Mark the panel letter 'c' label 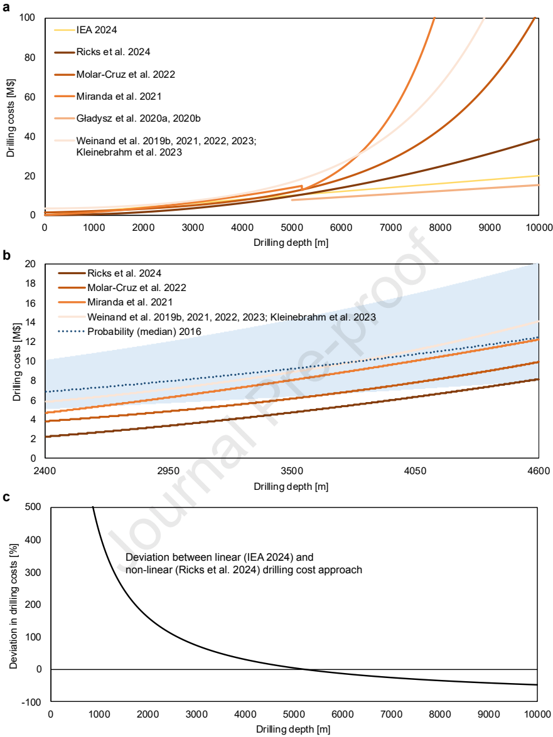(x=6, y=497)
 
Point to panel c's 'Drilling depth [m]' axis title (x=294, y=729)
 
